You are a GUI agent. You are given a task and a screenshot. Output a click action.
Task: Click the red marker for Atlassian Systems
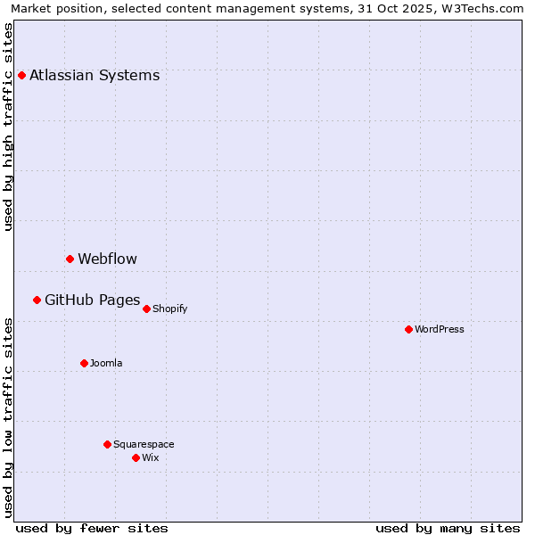[21, 75]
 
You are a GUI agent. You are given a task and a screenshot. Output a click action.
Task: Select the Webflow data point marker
[70, 259]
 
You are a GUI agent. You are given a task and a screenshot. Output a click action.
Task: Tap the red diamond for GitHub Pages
[37, 300]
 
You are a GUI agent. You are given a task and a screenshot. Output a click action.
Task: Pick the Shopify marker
[146, 309]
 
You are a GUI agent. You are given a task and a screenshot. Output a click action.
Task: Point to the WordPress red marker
[408, 329]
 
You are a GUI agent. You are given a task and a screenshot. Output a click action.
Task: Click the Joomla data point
[84, 363]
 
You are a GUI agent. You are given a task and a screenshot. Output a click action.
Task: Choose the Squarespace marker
[107, 444]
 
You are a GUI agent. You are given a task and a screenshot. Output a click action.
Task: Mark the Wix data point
[136, 457]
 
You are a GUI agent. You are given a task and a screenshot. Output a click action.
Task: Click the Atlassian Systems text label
[95, 75]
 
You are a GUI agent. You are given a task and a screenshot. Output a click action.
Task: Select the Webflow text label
[107, 259]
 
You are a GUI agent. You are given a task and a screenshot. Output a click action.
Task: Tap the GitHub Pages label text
[92, 300]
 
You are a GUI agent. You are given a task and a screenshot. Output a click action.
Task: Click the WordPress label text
[440, 329]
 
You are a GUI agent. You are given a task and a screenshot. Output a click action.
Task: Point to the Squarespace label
[144, 444]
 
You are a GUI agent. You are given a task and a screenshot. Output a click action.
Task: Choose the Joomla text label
[106, 363]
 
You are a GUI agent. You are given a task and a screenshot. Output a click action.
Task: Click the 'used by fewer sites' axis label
[92, 528]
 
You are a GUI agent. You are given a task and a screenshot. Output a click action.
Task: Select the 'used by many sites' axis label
[448, 528]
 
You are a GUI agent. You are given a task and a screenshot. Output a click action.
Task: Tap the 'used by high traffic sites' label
[9, 127]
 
